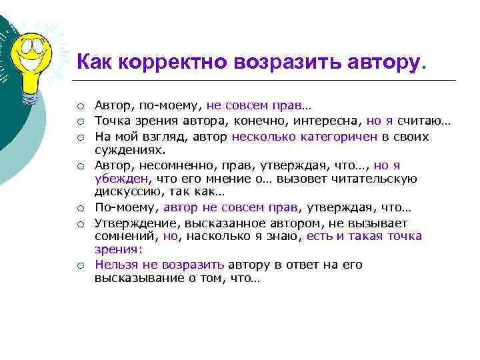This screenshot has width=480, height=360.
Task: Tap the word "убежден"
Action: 121,179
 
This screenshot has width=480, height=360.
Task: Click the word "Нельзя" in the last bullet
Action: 115,265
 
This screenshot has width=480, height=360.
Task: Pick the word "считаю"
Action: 421,121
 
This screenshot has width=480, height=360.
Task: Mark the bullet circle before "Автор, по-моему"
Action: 79,106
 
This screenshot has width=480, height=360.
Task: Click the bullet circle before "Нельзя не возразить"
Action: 79,265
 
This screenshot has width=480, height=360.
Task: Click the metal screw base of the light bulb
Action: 29,97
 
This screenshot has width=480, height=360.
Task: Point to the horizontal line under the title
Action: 267,81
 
